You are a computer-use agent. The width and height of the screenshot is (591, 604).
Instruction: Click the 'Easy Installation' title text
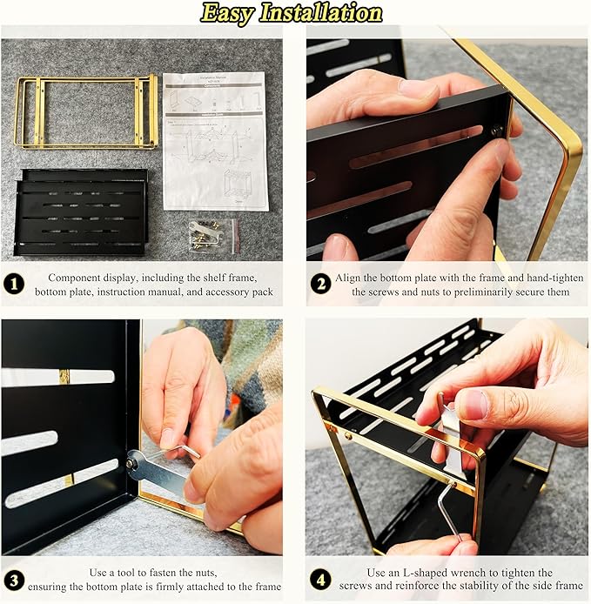(x=292, y=13)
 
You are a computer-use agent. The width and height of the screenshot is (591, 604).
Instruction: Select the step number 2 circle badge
(x=320, y=284)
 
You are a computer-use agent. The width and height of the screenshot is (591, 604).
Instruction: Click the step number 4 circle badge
(x=320, y=580)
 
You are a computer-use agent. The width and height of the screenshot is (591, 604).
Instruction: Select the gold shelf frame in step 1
(x=86, y=111)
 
